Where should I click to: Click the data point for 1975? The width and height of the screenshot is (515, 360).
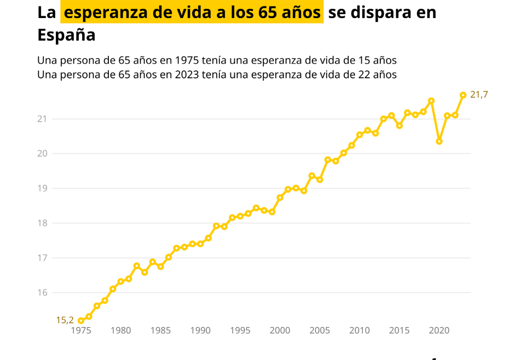81,321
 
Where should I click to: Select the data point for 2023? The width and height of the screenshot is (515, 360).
463,95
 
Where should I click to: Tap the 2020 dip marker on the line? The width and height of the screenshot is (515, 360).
439,141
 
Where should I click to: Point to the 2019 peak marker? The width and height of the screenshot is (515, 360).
431,101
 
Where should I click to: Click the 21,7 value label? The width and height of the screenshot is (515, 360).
479,95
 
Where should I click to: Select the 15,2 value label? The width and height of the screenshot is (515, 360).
65,321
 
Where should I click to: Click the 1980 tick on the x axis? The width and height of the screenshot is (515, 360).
120,330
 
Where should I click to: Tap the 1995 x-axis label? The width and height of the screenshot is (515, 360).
240,330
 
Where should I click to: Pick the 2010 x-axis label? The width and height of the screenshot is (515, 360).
359,330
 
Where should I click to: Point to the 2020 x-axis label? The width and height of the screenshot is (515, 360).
439,330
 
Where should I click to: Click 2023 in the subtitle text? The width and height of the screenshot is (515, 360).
187,75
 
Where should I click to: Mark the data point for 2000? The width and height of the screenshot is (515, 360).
280,198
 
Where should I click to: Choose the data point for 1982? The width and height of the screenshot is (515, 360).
136,266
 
